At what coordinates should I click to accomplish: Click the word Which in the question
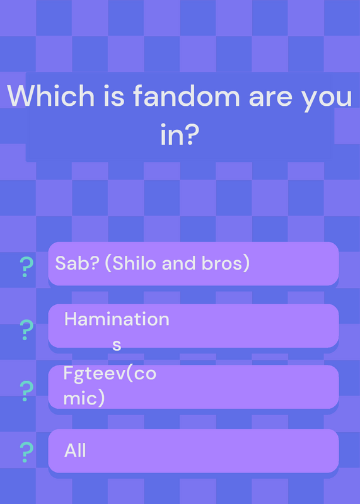point(51,96)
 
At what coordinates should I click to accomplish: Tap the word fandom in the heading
point(186,96)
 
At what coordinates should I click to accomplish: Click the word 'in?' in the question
point(180,134)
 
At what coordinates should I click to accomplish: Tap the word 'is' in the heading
point(114,96)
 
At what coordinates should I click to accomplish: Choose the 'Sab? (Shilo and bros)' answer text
point(152,263)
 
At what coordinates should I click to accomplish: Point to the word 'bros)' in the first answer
point(226,263)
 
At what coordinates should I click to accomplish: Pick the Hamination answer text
point(117,319)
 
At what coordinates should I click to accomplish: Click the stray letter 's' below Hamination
point(117,346)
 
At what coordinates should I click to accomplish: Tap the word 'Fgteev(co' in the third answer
point(110,374)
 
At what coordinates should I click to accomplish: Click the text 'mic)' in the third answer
point(84,399)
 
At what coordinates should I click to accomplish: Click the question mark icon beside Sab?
point(26,267)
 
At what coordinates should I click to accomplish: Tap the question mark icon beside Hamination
point(26,329)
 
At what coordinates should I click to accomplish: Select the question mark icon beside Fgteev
point(26,391)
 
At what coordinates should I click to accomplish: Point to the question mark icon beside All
point(26,452)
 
